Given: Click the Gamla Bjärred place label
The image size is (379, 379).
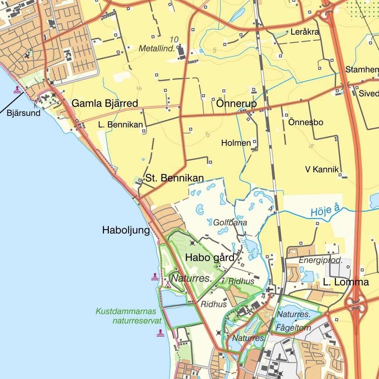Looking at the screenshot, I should pos(105,103).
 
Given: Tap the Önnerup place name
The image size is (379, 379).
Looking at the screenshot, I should pos(236,104).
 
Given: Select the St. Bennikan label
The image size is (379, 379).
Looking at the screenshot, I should pos(174,178).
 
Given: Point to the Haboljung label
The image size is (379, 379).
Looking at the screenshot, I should pos(126,231).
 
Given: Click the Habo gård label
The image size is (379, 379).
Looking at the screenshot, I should pos(210,258).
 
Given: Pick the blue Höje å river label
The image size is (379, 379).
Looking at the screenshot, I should pos(325,211).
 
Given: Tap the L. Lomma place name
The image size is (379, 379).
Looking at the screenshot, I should pos(346,282).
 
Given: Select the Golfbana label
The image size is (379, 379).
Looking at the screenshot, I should pos(230,223).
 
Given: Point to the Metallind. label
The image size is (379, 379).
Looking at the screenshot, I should pos(157,48).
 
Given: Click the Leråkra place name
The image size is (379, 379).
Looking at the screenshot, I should pos(305,32).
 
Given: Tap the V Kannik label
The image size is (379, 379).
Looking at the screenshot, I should pos(322,170).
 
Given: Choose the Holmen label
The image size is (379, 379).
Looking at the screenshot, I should pos(236,142).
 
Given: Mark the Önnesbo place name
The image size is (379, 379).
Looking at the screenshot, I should pos(306,122).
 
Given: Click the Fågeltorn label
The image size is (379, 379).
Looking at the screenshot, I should pos(294,328).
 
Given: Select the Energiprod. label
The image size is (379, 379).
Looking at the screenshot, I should pos(321,260).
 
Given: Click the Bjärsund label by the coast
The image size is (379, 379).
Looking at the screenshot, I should pos(23,113).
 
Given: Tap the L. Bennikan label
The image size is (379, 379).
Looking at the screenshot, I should pos(120,125).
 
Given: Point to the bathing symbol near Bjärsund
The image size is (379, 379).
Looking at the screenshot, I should pos(17,90).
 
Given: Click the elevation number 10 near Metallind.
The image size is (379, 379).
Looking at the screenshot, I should pos(174,39).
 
